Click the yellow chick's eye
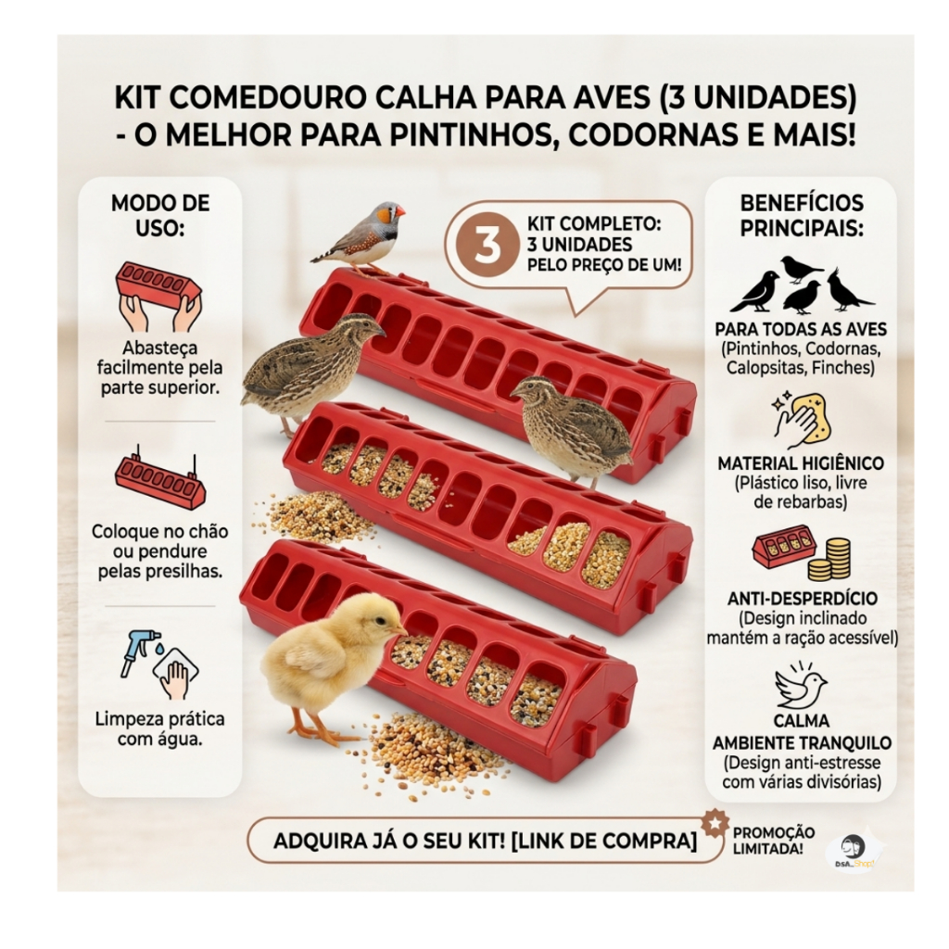[379, 621]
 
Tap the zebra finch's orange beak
[399, 212]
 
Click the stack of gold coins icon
[829, 559]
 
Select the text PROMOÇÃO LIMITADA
[773, 841]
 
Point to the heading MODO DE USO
[160, 215]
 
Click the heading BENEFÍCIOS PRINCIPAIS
[802, 215]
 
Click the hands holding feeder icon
[158, 297]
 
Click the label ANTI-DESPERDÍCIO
[802, 598]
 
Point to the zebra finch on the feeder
[361, 237]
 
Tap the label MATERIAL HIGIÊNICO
[801, 463]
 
